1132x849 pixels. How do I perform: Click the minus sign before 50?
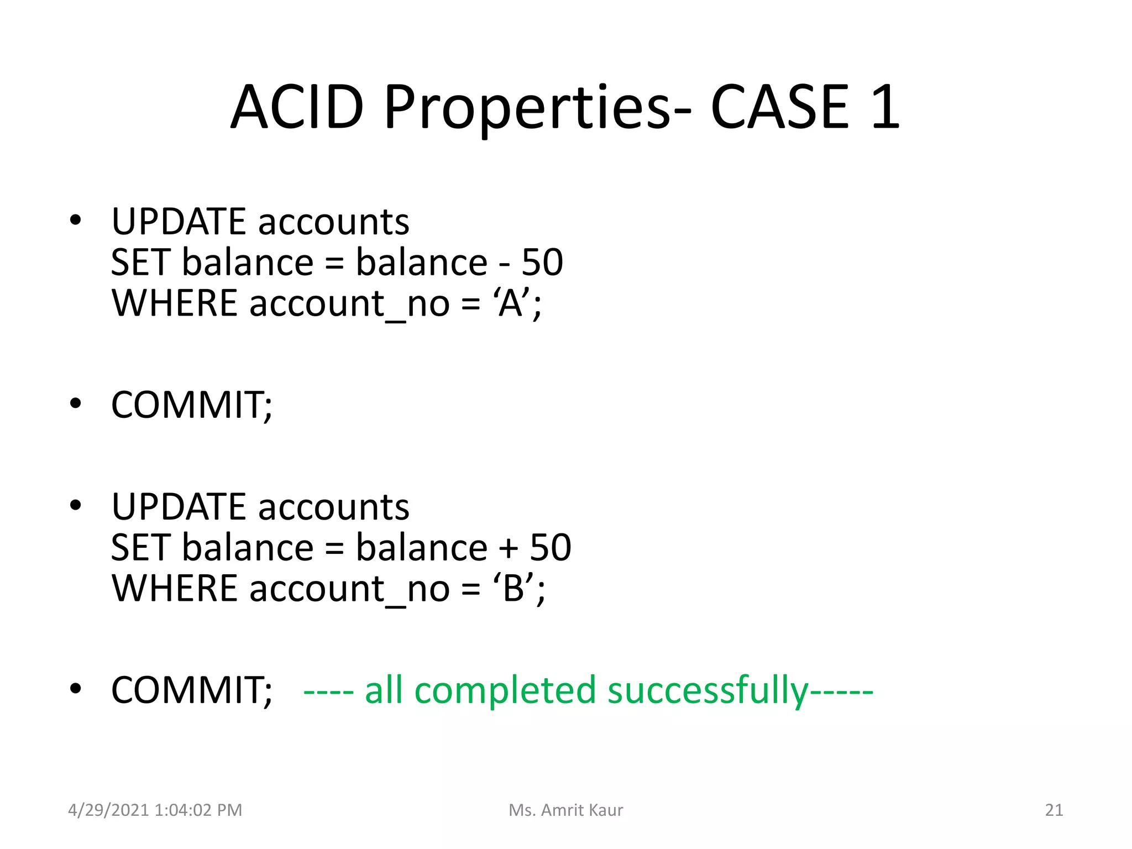(504, 264)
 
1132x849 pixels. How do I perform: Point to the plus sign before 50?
(509, 548)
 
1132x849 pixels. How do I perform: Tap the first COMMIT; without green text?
(191, 405)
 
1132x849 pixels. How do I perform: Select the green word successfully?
(707, 691)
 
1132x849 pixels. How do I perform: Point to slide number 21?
(1054, 810)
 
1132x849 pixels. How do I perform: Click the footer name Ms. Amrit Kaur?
(565, 810)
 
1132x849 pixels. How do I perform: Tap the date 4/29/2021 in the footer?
(108, 810)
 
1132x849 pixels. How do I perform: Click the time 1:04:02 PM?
(198, 810)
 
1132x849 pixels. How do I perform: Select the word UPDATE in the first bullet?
(178, 222)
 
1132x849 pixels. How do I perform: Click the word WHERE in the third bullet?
(174, 588)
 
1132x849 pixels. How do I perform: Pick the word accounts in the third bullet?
(333, 507)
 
